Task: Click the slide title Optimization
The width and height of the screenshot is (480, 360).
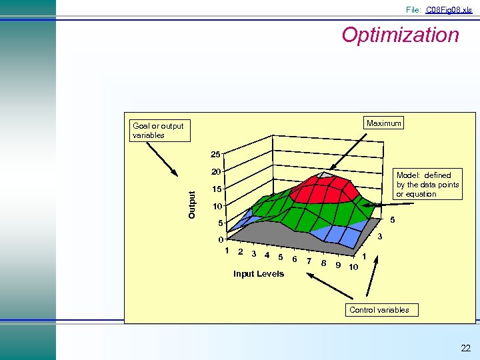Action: pos(400,35)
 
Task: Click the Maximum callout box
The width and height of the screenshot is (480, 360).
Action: pos(384,123)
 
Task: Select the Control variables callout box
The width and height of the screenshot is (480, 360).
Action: pos(379,309)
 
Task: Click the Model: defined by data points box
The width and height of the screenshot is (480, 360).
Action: pos(427,185)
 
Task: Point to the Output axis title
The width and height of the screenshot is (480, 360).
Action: pos(192,205)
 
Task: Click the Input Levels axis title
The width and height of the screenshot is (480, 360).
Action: pos(258,274)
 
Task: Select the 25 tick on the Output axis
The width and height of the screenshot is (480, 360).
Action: pos(215,155)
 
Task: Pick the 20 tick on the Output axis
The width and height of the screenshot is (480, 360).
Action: pos(215,172)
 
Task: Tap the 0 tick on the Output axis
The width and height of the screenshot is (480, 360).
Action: pos(221,240)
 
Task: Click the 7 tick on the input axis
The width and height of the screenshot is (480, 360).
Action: pos(308,261)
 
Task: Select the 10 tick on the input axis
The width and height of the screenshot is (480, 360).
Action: pos(353,267)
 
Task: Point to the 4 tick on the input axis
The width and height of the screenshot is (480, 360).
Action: pos(267,255)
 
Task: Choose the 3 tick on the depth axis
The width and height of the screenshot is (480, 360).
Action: pos(380,237)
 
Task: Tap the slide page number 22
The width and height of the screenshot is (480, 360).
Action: pos(465,348)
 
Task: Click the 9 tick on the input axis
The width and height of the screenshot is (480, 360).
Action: pos(339,265)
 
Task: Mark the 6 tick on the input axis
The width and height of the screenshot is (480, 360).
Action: pos(294,259)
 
